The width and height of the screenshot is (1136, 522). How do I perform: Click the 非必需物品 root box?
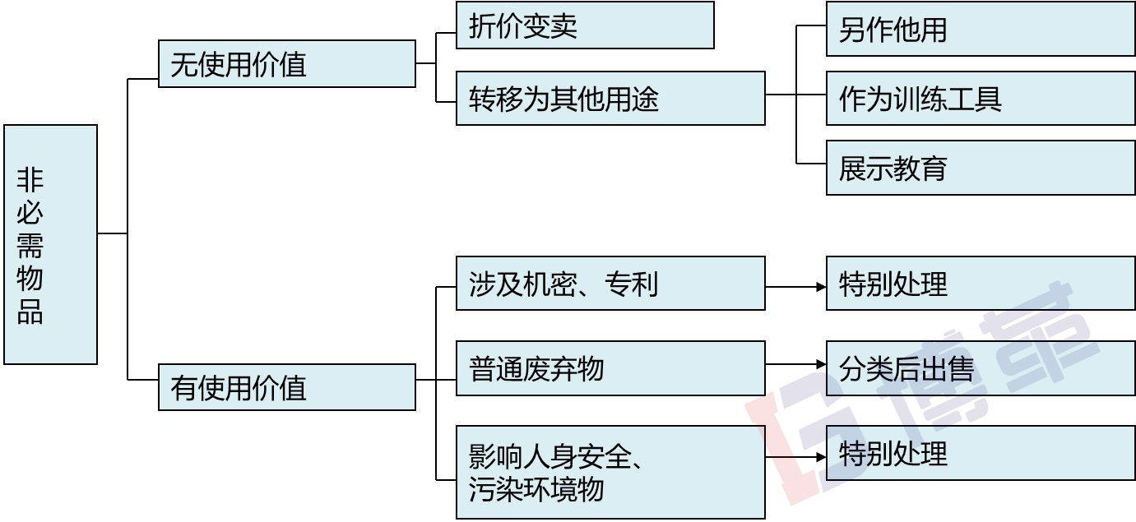(50, 244)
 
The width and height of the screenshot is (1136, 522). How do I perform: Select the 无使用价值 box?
(286, 64)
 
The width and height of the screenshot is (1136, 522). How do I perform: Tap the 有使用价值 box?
(286, 387)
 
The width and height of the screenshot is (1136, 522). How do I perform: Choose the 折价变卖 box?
(585, 25)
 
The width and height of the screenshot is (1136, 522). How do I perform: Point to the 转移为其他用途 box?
(610, 99)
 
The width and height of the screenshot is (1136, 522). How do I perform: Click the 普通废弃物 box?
(610, 368)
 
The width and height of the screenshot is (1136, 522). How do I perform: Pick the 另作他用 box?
(981, 30)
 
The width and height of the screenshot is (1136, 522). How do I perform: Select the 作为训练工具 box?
(981, 99)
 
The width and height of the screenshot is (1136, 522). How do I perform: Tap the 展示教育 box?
(981, 169)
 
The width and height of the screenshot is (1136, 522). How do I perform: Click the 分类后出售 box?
(981, 368)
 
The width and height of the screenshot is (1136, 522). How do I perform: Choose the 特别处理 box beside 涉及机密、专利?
(981, 284)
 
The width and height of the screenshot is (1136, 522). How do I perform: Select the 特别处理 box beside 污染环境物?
(981, 453)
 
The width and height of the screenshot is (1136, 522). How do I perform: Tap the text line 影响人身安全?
(555, 455)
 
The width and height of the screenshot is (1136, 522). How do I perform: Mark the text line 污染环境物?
(536, 489)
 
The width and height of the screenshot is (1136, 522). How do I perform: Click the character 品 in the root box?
(30, 312)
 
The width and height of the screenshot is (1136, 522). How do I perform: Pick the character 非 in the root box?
(30, 179)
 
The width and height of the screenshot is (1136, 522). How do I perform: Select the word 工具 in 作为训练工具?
(975, 99)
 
